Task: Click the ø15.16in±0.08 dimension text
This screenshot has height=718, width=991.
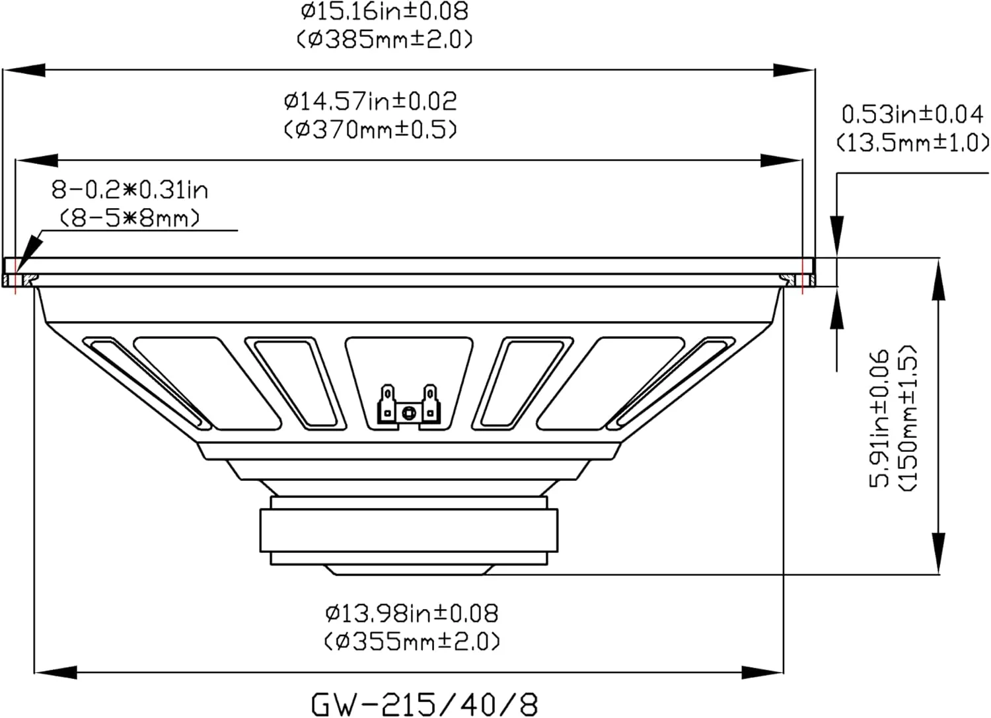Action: click(384, 11)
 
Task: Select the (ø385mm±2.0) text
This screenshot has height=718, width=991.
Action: click(384, 40)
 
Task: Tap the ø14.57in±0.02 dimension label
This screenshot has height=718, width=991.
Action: click(370, 102)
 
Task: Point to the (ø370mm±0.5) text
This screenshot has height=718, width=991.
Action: click(370, 130)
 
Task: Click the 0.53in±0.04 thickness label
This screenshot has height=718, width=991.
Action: click(912, 114)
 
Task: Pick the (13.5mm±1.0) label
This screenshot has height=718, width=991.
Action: click(912, 143)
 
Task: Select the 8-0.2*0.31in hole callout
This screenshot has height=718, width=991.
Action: click(129, 190)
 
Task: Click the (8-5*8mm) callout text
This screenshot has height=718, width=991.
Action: click(129, 218)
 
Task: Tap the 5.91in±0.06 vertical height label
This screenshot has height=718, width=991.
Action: click(879, 418)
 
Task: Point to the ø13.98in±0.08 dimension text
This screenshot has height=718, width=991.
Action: click(412, 613)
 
